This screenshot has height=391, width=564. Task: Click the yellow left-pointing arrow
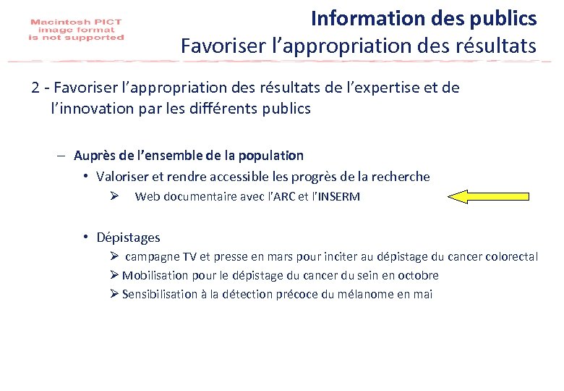point(490,195)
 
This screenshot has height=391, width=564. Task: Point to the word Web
point(148,196)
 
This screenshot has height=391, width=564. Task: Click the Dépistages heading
point(128,237)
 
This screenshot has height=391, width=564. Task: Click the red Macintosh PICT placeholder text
point(77,30)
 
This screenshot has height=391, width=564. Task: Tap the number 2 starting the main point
point(35,88)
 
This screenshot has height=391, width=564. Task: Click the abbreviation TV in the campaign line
point(189,256)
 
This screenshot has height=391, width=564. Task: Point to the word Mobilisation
point(154,275)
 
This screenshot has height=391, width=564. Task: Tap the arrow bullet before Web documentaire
point(114,196)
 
